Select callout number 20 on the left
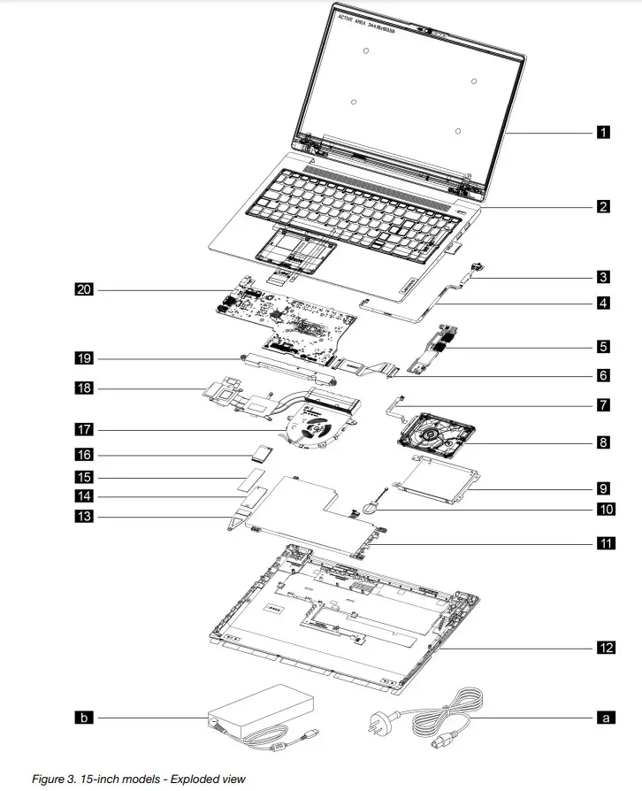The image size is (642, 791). point(84,288)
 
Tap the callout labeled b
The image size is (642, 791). point(84,718)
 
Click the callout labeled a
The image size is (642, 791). point(605,718)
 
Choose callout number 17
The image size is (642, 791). point(84,429)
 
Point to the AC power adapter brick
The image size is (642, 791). point(261,711)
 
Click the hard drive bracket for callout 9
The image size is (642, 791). point(436,484)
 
